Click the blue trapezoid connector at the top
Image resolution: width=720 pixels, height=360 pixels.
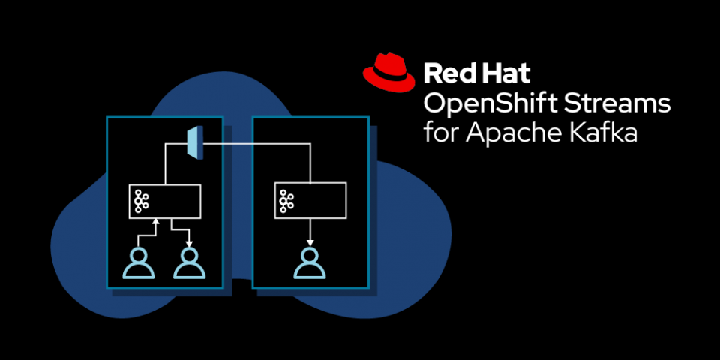(194, 142)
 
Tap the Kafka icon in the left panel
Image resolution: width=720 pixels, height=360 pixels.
(140, 201)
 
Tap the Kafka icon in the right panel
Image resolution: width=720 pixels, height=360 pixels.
(286, 200)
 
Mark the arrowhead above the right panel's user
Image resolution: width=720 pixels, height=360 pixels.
(309, 242)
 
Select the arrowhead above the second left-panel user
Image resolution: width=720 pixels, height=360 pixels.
(189, 242)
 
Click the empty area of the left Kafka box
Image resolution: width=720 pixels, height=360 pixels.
(176, 201)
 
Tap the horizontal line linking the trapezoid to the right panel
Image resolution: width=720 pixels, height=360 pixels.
(255, 143)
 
